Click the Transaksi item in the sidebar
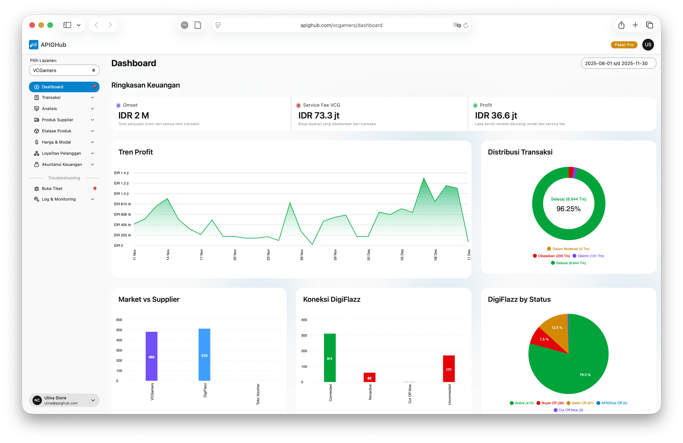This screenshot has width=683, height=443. click(x=51, y=98)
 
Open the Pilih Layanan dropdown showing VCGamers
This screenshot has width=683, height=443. click(x=64, y=70)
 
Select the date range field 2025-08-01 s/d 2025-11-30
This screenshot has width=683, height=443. click(x=618, y=63)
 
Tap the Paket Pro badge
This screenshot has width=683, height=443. click(x=624, y=45)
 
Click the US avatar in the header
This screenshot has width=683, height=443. click(x=648, y=45)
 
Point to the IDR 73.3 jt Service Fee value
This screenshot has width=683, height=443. click(x=319, y=115)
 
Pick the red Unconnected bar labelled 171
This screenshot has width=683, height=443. click(x=448, y=369)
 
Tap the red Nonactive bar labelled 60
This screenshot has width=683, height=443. click(x=369, y=377)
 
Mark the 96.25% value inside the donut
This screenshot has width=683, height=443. click(x=568, y=209)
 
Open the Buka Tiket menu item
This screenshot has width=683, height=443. click(x=52, y=189)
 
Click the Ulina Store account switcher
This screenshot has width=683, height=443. click(x=64, y=400)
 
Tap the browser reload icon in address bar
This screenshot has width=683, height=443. click(x=466, y=25)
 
